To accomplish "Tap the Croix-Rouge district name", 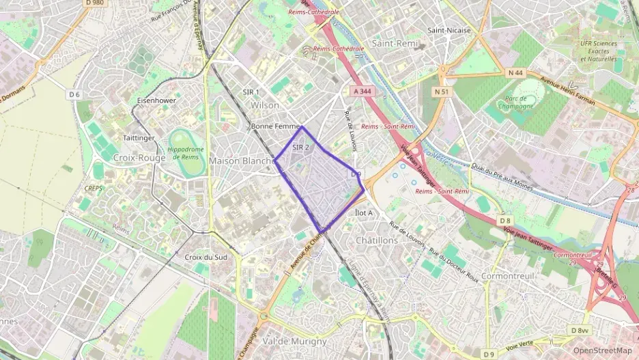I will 139,157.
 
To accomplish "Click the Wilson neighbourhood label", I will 265,105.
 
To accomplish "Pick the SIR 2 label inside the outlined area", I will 301,147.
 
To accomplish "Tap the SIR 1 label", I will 251,92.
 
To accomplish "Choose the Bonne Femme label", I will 272,126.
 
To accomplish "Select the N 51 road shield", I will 442,91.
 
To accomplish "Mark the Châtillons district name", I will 376,240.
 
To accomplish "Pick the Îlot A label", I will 365,212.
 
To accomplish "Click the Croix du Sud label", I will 205,257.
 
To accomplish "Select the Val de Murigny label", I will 294,340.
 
